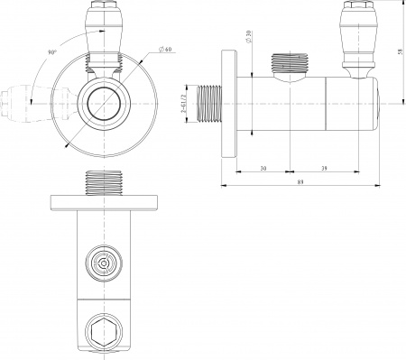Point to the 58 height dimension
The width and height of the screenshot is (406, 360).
point(398,52)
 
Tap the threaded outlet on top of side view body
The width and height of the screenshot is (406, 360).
point(289,66)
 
